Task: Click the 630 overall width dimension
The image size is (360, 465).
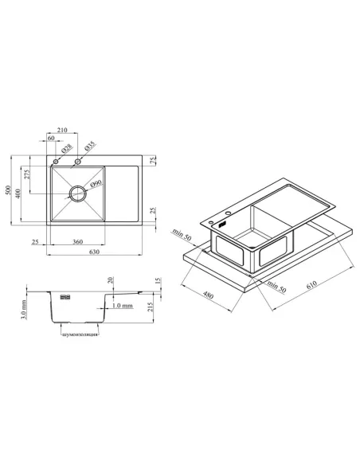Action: click(94, 252)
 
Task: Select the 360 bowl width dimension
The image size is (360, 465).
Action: click(77, 242)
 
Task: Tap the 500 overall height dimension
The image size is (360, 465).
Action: click(8, 190)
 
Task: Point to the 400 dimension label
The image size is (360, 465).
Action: click(18, 193)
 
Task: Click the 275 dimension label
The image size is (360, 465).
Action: click(27, 174)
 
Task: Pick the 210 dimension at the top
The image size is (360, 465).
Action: click(62, 130)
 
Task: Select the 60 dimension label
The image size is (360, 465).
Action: click(51, 138)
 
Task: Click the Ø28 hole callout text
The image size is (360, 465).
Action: click(66, 148)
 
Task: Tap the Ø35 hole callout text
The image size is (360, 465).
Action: click(89, 146)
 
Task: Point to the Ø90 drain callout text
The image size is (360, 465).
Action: click(96, 184)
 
